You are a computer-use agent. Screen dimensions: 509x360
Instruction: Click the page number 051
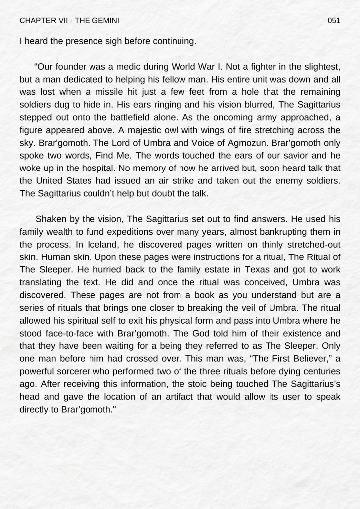point(334,20)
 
